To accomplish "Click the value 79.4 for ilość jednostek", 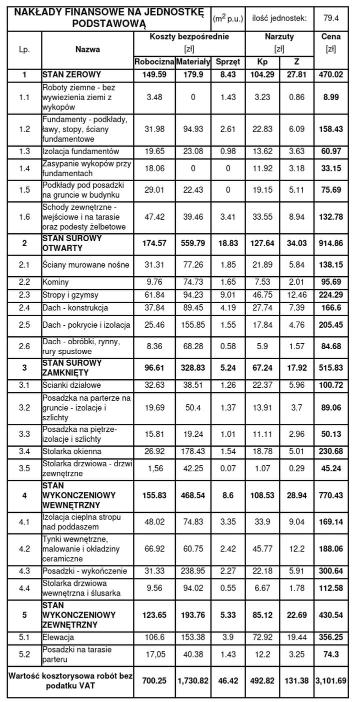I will point(331,19).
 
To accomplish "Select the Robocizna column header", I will point(154,62).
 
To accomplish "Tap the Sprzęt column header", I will point(228,62).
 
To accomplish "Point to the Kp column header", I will point(262,62).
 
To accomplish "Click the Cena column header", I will point(330,37).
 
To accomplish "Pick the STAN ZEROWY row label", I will point(71,75).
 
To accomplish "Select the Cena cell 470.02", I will point(330,75).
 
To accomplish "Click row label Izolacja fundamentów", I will point(81,151).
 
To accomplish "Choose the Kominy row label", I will point(55,282).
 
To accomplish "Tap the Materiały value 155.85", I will point(193,325).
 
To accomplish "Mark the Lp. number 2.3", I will point(24,295).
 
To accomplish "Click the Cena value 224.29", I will point(330,295).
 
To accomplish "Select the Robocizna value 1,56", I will point(154,468).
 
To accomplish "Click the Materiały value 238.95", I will point(193,571).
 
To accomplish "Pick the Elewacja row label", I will point(58,637).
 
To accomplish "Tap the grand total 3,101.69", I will point(330,680).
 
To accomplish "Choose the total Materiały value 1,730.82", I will point(193,680).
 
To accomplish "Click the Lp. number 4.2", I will point(24,549).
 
